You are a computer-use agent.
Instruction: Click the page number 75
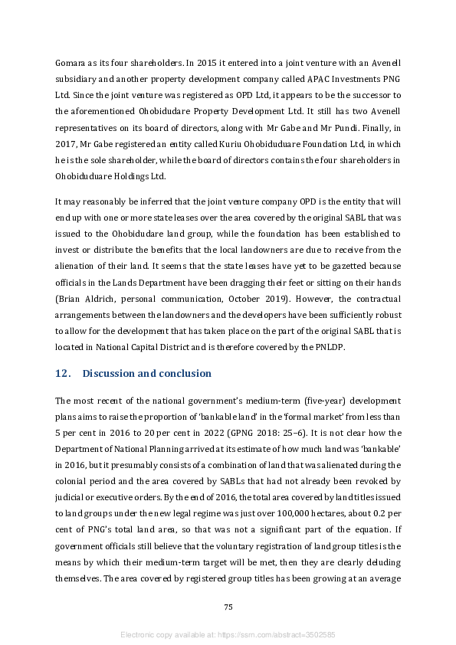[x=228, y=607]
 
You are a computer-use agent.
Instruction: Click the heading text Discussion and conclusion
[x=146, y=374]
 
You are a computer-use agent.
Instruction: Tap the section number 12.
[x=63, y=374]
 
